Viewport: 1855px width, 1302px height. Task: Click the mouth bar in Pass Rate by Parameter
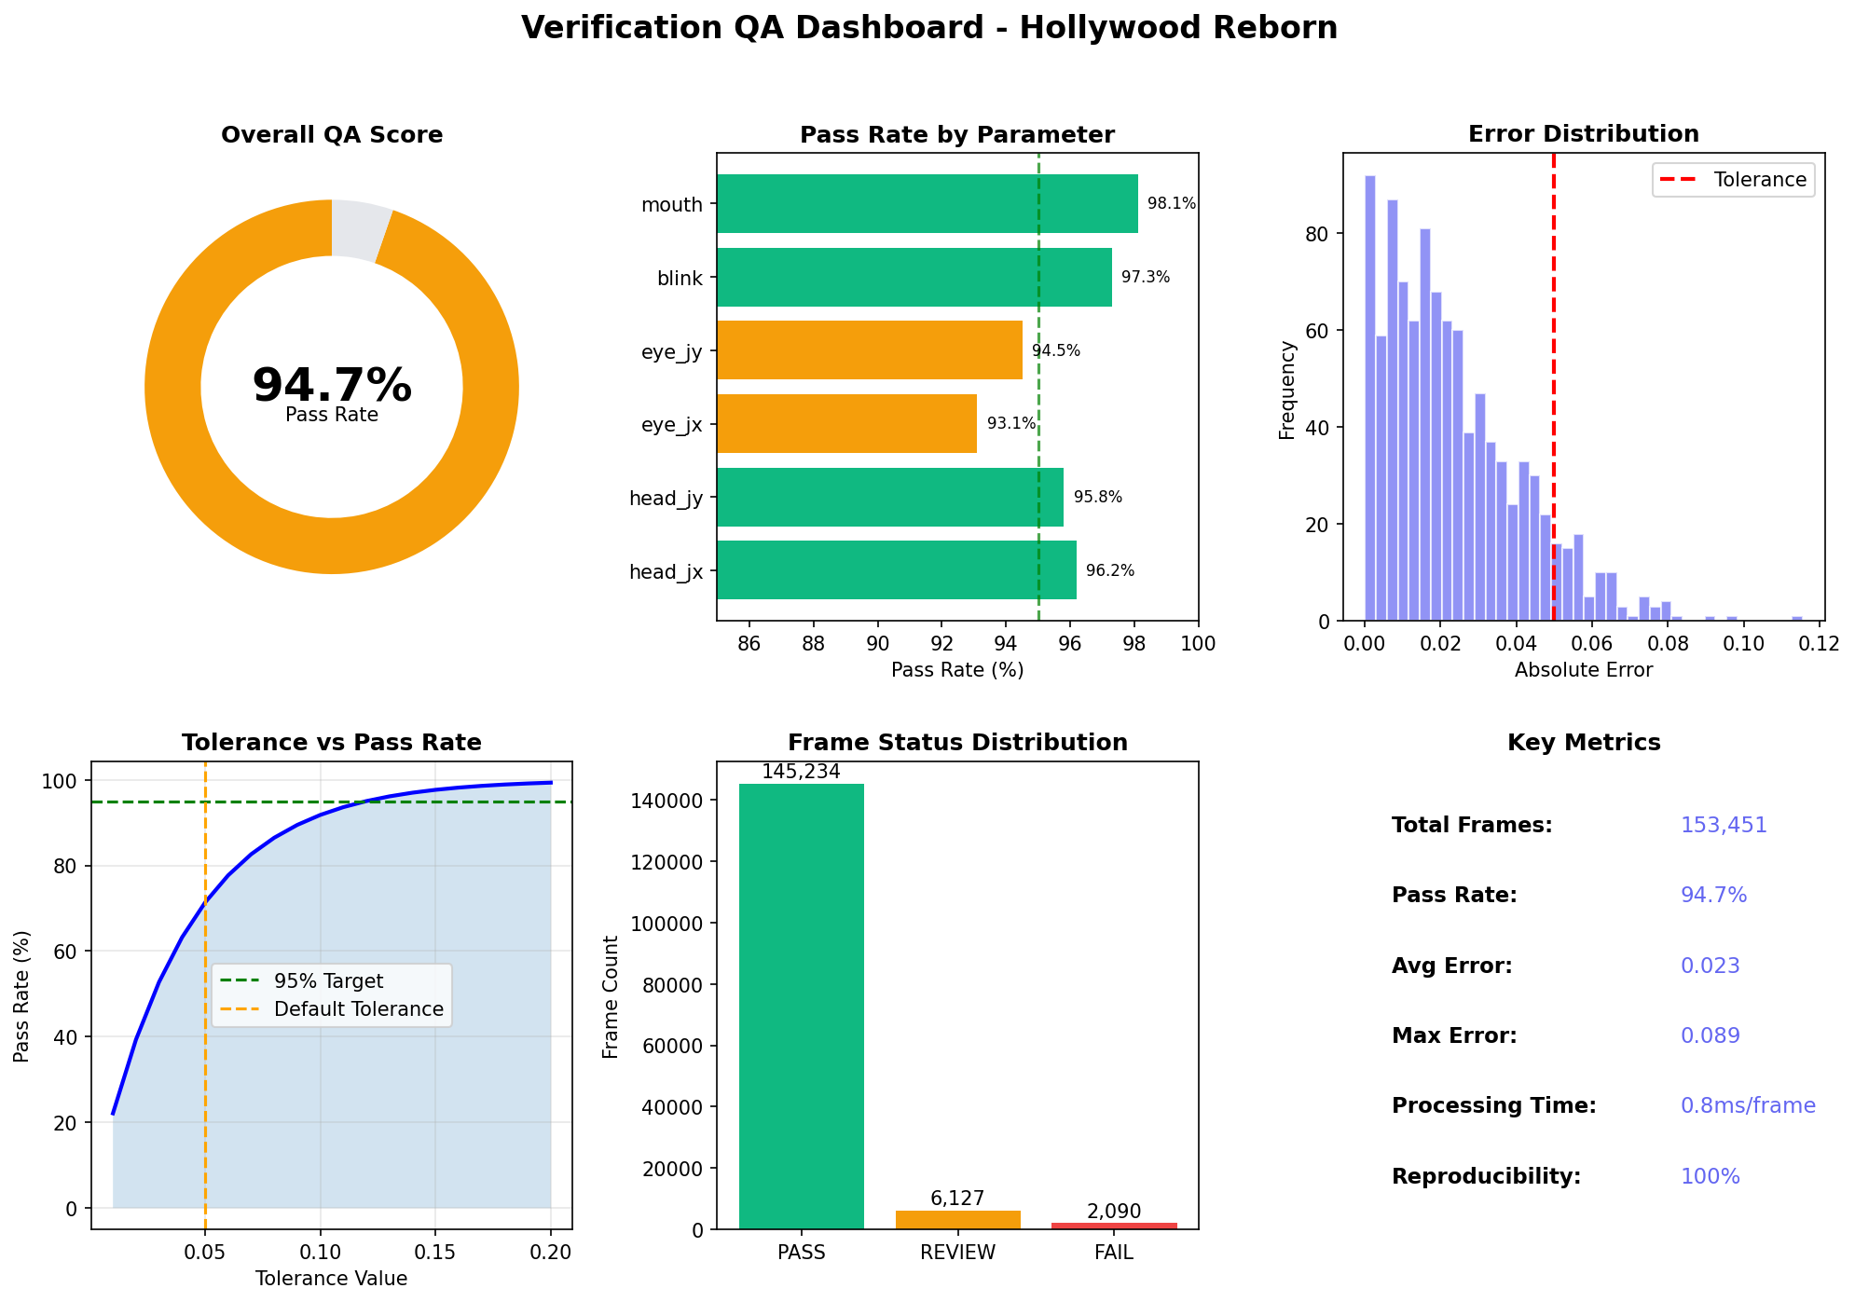pos(927,203)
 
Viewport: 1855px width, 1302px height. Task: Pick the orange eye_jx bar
pos(846,424)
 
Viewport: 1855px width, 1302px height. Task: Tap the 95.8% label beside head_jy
pos(1097,498)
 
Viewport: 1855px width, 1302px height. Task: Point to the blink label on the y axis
pos(680,279)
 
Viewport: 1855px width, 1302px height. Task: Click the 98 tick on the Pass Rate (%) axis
pos(1134,643)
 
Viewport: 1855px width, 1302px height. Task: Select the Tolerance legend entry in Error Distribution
pos(1734,180)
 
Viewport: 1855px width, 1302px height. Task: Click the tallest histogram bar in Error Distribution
pos(1369,398)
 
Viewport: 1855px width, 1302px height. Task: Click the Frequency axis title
pos(1287,390)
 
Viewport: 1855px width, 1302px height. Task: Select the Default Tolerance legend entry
pos(358,1009)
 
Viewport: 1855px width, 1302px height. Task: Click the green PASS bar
pos(801,1007)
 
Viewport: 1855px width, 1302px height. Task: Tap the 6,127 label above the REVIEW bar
pos(957,1199)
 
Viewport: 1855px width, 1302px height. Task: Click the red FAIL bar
pos(1114,1226)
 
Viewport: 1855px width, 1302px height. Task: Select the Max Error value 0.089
pos(1710,1036)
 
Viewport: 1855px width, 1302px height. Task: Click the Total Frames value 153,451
pos(1723,826)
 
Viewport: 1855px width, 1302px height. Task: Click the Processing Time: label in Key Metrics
pos(1493,1106)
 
